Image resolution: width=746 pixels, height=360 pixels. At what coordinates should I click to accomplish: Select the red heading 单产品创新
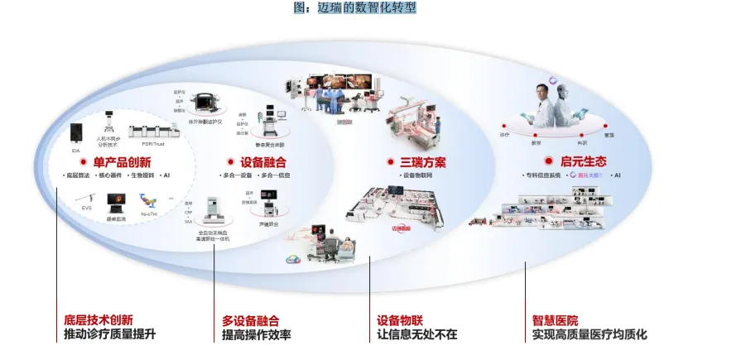click(122, 162)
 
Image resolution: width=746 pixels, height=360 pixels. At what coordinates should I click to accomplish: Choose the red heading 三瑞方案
click(416, 161)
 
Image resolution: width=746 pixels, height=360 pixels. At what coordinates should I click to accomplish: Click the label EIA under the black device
click(76, 151)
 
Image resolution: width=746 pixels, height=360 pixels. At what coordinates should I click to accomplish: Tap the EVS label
click(86, 208)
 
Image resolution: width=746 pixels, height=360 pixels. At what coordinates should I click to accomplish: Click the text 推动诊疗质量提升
click(109, 335)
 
